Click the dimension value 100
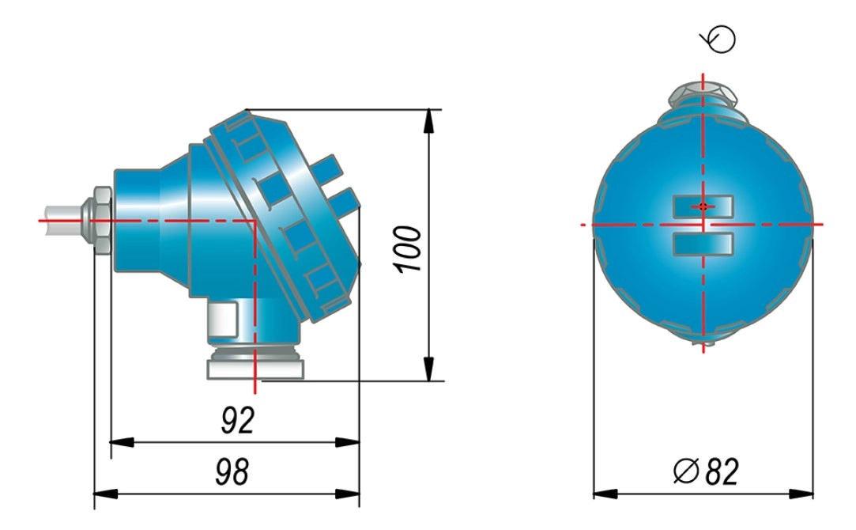click(409, 249)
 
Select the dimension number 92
click(239, 420)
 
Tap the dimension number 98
click(232, 471)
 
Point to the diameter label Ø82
click(706, 471)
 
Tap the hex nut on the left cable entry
click(103, 221)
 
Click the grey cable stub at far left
click(62, 220)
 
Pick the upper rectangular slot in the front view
click(703, 206)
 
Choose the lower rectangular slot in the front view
click(703, 244)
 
